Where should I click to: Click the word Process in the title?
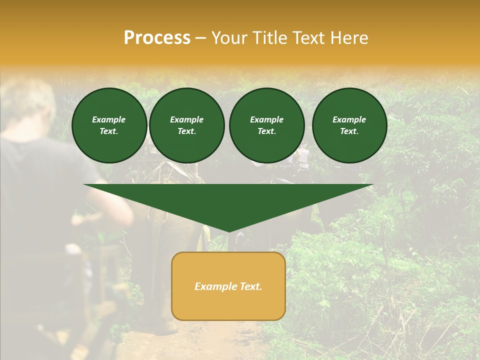[157, 38]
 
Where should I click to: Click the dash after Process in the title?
[201, 38]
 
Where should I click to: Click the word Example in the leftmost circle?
[109, 119]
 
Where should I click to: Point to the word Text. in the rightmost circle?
[349, 131]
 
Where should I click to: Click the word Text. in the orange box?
[251, 286]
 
